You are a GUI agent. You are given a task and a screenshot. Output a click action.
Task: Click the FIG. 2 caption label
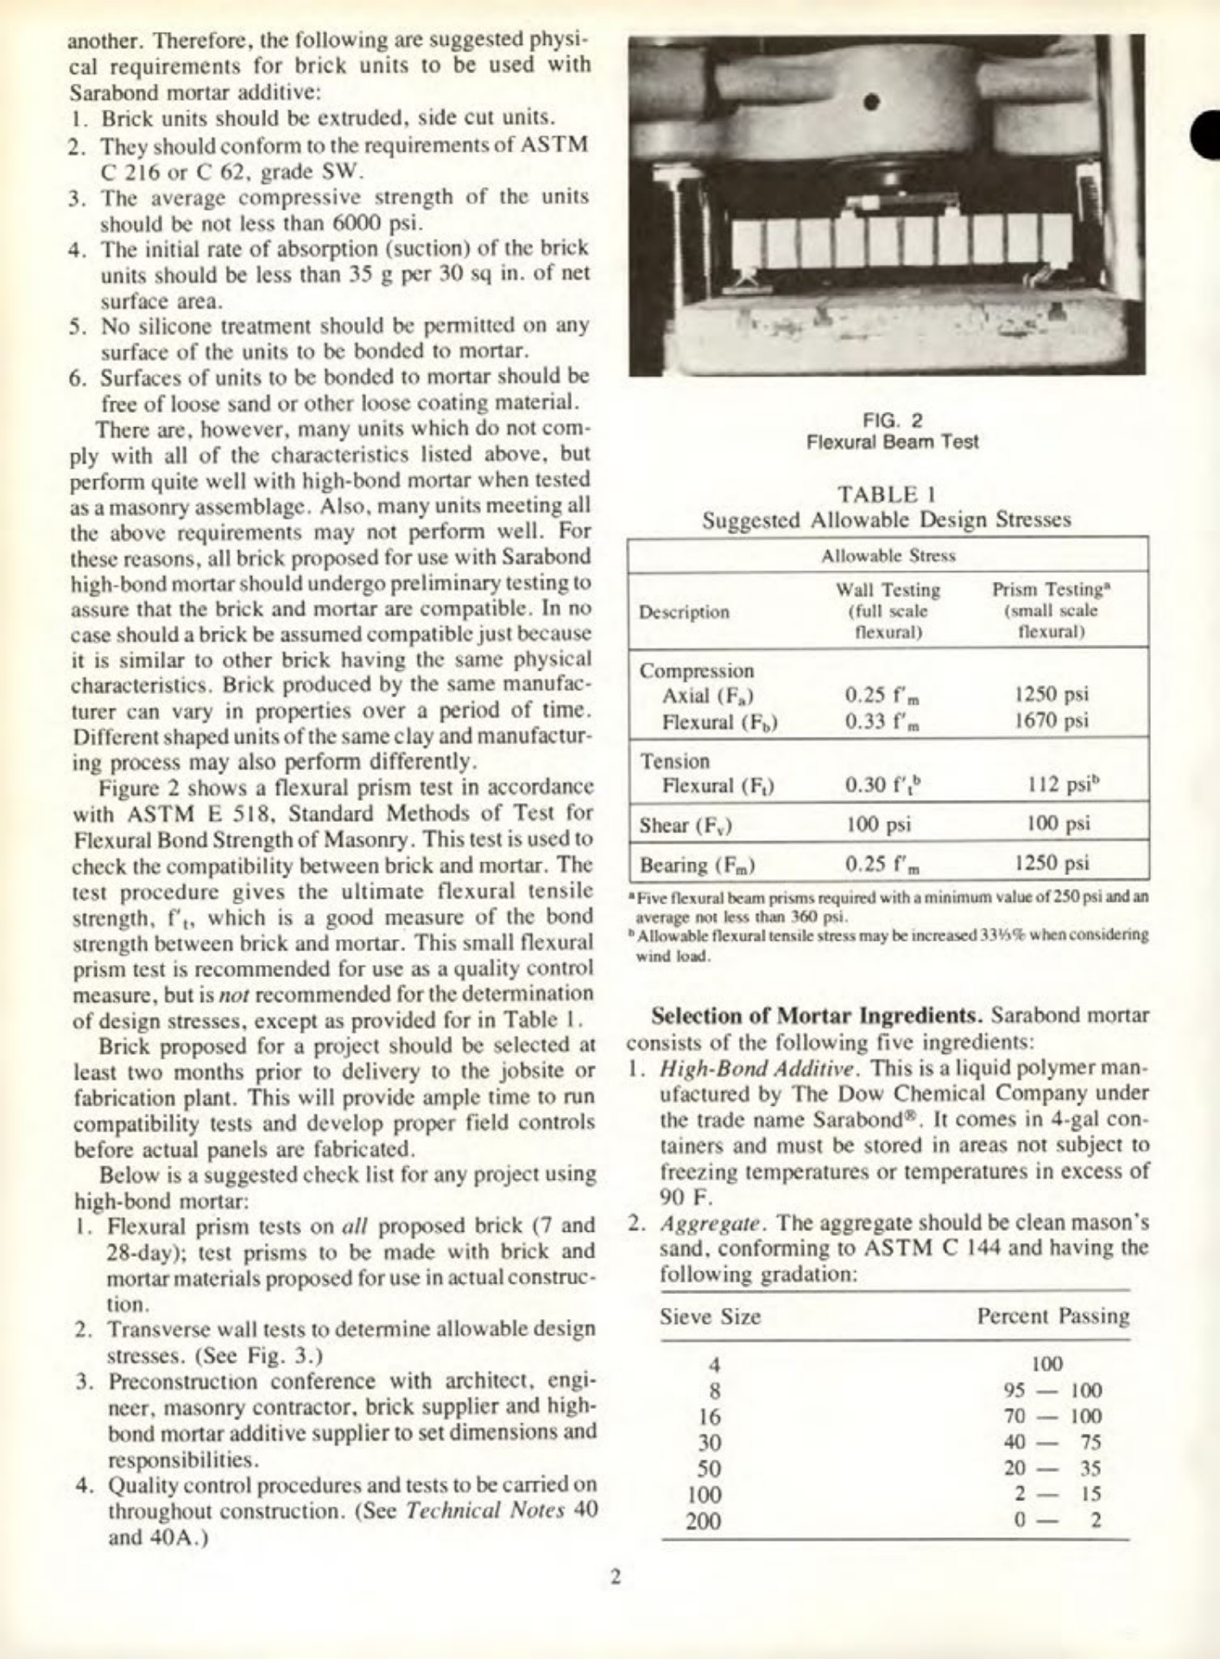tap(892, 420)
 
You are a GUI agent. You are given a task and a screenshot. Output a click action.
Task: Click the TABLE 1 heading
tap(887, 495)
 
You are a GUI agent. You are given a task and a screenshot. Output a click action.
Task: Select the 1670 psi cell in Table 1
tap(1051, 720)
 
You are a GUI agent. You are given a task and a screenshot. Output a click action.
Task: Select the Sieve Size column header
tap(710, 1316)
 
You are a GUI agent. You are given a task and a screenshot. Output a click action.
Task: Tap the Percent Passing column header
tap(1052, 1316)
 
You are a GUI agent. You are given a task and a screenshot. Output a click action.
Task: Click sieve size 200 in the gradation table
tap(703, 1521)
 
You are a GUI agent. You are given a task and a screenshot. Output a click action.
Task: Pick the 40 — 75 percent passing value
tap(1052, 1442)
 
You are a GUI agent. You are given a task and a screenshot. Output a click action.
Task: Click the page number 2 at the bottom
tap(615, 1578)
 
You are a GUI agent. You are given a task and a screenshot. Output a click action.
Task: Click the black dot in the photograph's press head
tap(871, 101)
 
